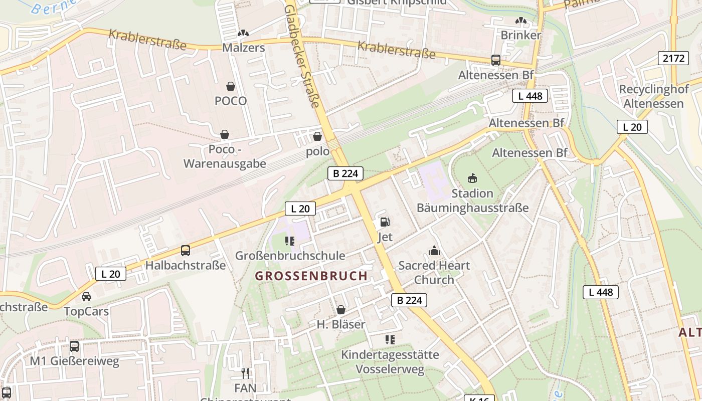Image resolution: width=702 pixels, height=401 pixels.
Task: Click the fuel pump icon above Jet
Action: (385, 222)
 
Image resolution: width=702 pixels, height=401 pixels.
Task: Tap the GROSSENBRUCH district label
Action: (311, 276)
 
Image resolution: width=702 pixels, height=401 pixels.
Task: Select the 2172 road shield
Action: (673, 59)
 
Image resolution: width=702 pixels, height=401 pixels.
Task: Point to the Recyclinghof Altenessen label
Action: (651, 96)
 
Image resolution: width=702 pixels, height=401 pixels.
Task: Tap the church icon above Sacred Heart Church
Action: (434, 251)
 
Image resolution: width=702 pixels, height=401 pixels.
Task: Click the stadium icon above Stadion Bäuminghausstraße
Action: (472, 178)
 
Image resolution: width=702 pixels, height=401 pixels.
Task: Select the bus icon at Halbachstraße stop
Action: (186, 251)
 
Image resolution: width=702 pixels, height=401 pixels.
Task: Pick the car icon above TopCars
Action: (86, 297)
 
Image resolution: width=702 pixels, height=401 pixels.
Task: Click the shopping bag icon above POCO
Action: (231, 86)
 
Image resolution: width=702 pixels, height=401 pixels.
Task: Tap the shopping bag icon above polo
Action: (317, 136)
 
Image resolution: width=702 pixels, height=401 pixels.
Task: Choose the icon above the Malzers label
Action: (243, 33)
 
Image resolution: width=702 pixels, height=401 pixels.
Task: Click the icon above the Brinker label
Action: (521, 21)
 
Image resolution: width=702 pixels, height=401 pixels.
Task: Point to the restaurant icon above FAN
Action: (245, 373)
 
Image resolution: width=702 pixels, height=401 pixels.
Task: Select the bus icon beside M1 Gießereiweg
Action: (74, 346)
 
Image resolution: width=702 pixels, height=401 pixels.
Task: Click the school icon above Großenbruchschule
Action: (290, 241)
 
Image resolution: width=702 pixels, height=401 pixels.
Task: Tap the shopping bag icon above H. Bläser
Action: (341, 310)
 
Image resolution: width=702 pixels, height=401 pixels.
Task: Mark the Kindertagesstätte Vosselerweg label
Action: (390, 362)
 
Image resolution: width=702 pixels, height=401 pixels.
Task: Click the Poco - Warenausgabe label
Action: (225, 156)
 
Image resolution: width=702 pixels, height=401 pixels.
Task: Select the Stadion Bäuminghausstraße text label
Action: (472, 200)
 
